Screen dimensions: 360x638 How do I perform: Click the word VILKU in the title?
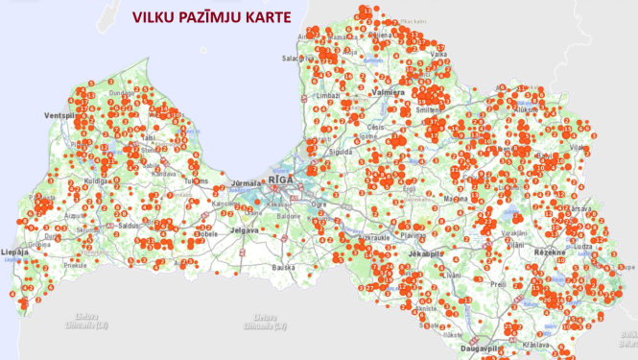point(156,16)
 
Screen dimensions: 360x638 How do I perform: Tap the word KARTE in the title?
point(265,16)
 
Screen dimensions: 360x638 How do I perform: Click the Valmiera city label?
point(387,92)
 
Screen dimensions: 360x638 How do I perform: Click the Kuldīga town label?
point(100,180)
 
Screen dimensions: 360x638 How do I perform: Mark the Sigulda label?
point(343,151)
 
